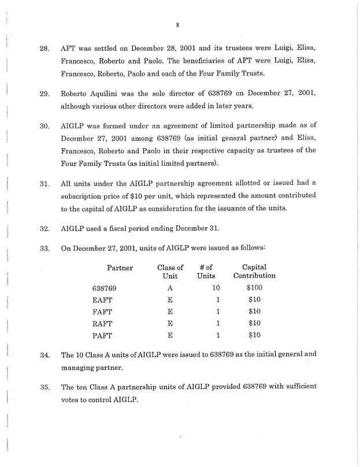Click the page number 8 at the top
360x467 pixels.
pos(180,25)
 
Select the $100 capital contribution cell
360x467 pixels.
pos(254,287)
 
